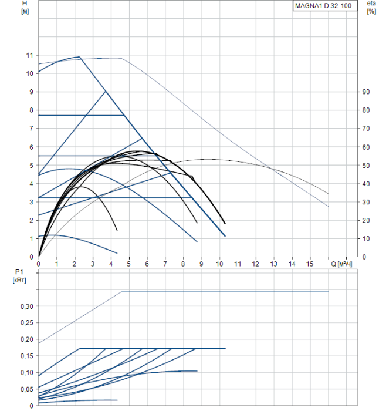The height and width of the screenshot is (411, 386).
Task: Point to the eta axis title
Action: (x=371, y=4)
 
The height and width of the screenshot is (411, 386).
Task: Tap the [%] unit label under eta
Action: (x=371, y=12)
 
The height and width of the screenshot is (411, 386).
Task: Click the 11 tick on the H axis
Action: (x=29, y=55)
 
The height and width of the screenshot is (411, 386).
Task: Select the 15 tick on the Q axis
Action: (x=310, y=264)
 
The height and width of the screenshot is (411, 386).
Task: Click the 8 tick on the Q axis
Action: (x=183, y=264)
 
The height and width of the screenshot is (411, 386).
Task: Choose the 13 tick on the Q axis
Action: (x=274, y=264)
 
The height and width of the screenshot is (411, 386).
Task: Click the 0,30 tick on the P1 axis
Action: (x=26, y=306)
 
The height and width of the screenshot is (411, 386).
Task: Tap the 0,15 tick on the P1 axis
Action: (x=26, y=356)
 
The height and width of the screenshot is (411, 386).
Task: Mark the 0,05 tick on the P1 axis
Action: (x=26, y=389)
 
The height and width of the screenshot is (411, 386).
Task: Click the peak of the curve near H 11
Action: (x=79, y=57)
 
